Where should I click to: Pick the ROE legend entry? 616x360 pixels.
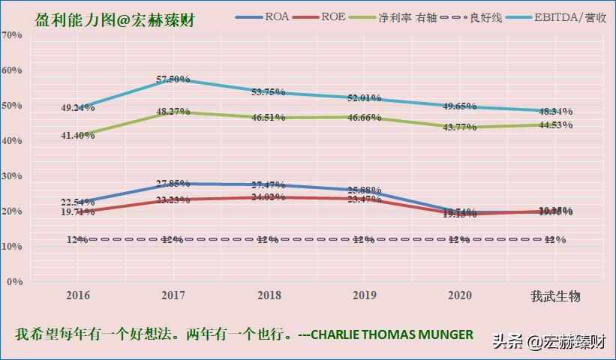333,16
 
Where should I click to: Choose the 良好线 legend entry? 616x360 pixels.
484,16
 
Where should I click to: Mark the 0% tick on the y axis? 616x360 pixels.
14,282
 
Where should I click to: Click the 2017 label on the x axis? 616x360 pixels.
173,296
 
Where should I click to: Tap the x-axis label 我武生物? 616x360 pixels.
555,296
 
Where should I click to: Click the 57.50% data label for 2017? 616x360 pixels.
173,79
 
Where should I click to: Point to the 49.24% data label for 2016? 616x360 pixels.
78,108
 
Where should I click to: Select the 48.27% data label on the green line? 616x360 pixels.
173,112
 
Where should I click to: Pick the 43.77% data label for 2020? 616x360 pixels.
458,127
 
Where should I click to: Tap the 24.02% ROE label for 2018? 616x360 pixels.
268,198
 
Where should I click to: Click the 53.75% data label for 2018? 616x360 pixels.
268,92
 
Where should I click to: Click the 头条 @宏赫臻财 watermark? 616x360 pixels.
550,342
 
